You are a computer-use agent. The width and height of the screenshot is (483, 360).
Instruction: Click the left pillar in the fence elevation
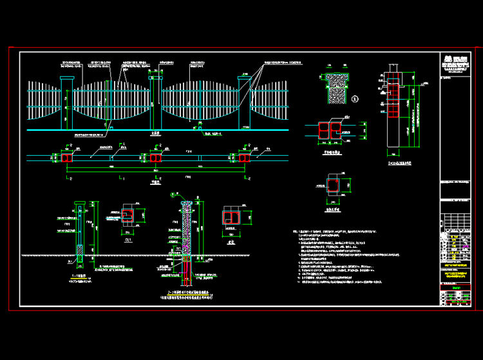(67, 103)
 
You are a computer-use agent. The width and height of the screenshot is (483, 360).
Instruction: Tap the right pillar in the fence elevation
(244, 103)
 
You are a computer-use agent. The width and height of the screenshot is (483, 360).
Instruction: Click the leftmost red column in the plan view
(67, 158)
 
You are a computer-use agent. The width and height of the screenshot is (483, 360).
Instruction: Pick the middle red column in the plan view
(156, 158)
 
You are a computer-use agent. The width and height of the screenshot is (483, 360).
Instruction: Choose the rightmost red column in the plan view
(244, 158)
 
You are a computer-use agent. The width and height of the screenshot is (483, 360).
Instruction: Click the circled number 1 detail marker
(355, 99)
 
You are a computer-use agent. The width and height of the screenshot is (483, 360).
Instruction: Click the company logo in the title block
(448, 57)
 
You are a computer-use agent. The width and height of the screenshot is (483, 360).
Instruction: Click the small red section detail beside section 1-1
(128, 214)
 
